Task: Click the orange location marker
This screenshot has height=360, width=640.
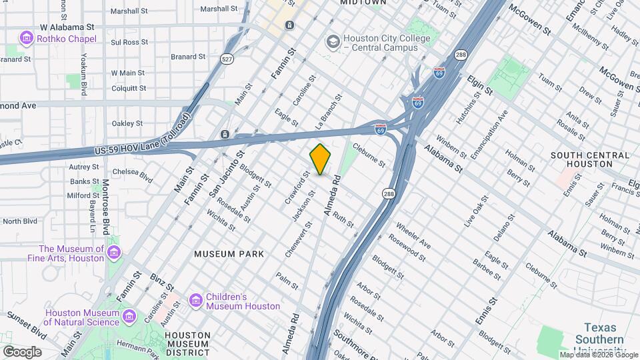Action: click(321, 159)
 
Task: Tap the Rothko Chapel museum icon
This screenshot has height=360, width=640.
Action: click(27, 39)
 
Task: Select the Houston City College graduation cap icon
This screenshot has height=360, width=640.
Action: click(331, 43)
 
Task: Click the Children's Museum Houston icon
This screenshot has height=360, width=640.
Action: click(196, 301)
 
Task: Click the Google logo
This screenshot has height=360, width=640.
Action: click(22, 351)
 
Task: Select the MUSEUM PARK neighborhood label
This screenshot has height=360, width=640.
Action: click(229, 254)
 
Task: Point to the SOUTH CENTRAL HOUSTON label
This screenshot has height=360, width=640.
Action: click(590, 159)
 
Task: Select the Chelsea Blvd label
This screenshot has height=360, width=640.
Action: click(137, 175)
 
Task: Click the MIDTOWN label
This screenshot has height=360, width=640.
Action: click(363, 3)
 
